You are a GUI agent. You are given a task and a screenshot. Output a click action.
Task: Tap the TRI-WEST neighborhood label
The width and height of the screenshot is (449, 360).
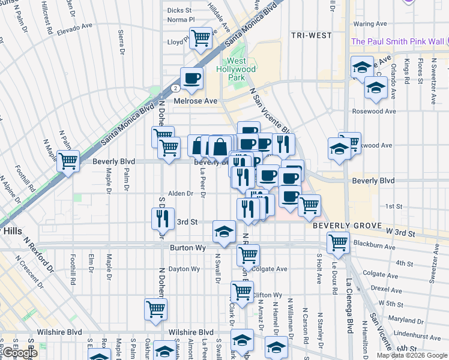click(312, 35)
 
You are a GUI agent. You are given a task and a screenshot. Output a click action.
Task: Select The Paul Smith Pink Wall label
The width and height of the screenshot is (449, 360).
click(397, 41)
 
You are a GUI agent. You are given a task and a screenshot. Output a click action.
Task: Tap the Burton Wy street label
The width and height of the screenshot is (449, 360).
click(188, 247)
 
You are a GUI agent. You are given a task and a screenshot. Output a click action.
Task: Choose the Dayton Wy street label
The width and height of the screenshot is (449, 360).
click(183, 269)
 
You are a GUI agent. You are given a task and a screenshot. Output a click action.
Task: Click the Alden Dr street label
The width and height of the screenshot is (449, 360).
click(180, 193)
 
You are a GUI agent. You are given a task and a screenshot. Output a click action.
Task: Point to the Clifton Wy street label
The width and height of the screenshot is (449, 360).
click(267, 295)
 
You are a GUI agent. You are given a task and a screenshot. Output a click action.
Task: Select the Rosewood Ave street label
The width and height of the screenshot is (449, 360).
click(374, 111)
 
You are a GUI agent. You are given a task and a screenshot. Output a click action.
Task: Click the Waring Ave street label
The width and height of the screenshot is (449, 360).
click(370, 24)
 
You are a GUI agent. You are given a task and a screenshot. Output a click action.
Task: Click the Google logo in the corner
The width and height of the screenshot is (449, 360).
click(20, 353)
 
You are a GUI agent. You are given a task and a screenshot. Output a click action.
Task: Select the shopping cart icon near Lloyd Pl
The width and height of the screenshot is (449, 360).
click(201, 38)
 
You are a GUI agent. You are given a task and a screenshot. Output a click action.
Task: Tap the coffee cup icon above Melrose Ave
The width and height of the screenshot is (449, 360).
click(191, 79)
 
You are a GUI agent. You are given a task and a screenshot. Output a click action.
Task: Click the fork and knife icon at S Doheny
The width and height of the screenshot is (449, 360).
click(161, 218)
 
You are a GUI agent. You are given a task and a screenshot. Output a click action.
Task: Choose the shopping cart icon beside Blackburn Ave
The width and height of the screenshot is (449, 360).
click(338, 242)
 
